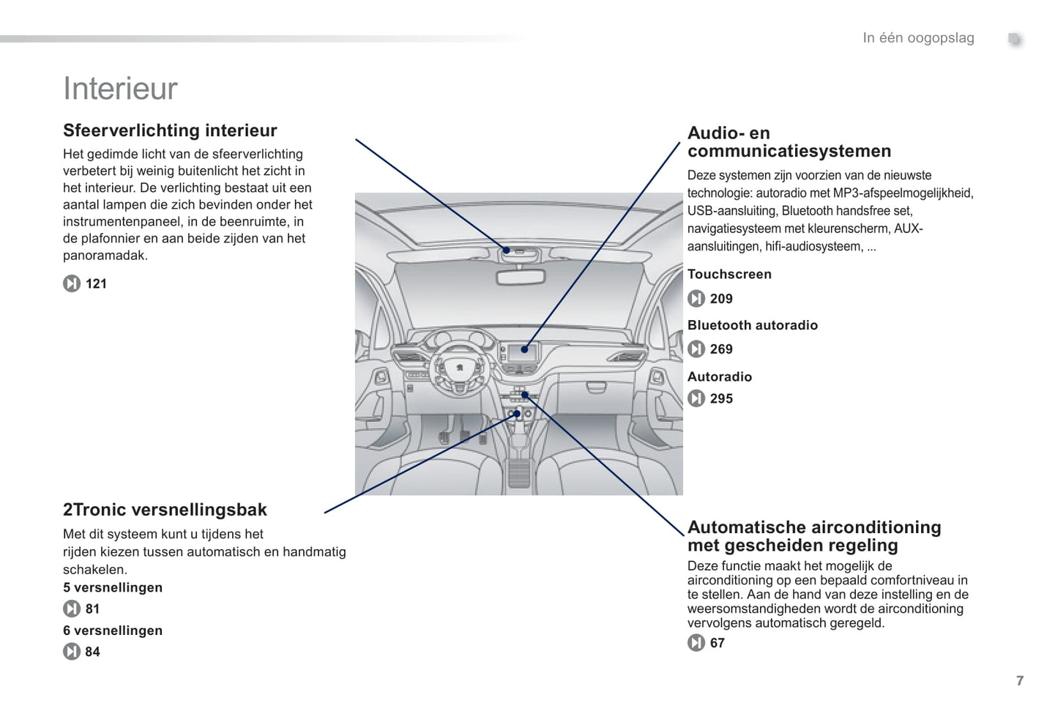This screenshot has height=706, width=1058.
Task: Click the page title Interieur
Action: pos(121,89)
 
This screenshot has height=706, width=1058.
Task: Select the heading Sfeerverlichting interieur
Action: pos(170,130)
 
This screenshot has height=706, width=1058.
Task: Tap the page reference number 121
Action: pos(96,283)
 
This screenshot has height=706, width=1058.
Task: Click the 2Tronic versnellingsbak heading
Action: pos(165,510)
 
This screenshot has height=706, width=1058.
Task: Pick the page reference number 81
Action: pos(92,609)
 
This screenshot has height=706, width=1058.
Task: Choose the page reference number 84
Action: pos(92,652)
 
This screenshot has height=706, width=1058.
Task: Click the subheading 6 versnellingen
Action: pos(113,631)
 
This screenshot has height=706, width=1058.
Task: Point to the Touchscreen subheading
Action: pos(729,274)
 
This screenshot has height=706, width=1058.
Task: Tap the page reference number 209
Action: pos(721,299)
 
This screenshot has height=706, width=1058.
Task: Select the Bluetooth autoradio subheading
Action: pos(752,325)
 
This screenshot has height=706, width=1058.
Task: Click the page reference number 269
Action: pos(721,349)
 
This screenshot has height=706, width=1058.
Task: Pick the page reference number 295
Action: pos(721,398)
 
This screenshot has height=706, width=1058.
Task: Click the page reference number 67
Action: pos(718,643)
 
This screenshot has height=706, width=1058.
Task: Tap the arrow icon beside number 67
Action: pos(696,643)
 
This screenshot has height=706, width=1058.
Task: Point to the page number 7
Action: pos(1020,680)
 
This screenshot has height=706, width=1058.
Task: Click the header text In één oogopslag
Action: pos(918,38)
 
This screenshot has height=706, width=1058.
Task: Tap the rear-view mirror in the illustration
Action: pos(520,277)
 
